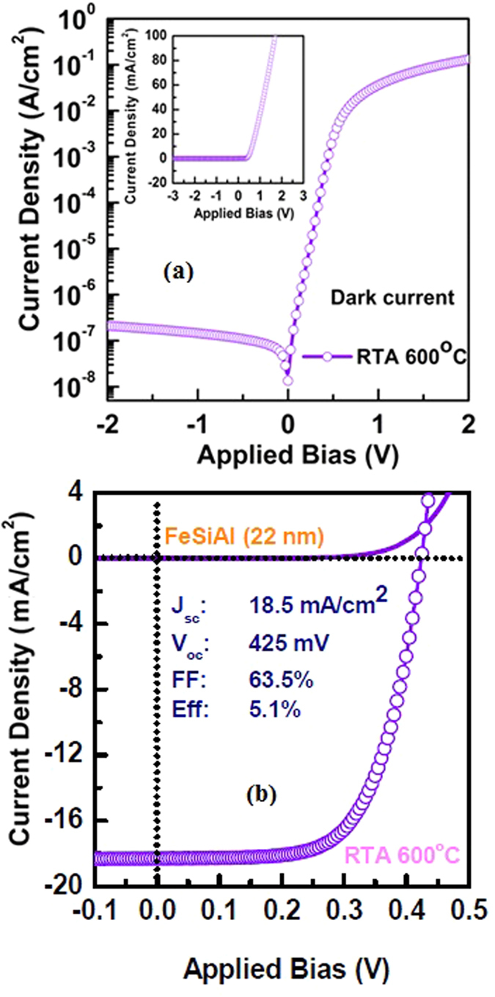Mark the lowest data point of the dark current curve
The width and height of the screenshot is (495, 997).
coord(288,380)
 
